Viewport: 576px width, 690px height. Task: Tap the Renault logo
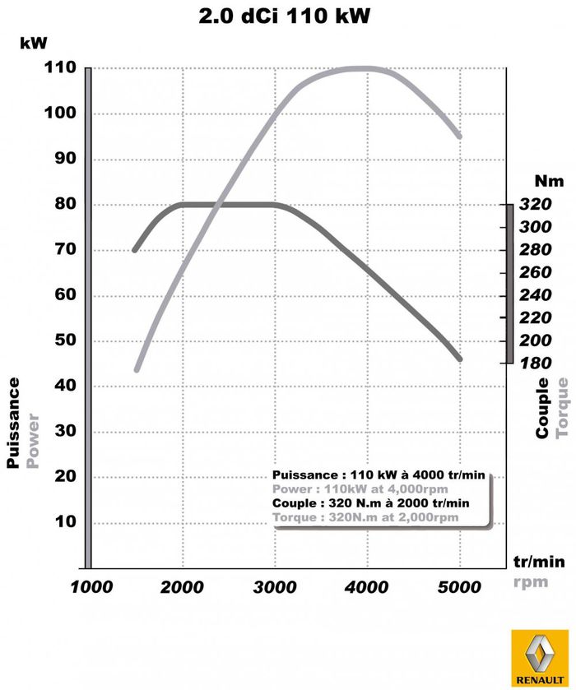pyautogui.click(x=537, y=658)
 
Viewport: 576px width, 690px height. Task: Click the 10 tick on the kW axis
pyautogui.click(x=65, y=522)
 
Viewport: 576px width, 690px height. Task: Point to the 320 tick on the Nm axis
pyautogui.click(x=537, y=205)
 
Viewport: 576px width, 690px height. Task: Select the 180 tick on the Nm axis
pyautogui.click(x=537, y=363)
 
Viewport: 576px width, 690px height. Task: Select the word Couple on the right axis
pyautogui.click(x=543, y=408)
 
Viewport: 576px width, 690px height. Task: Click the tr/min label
pyautogui.click(x=539, y=562)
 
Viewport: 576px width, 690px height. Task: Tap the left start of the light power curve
pyautogui.click(x=137, y=369)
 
